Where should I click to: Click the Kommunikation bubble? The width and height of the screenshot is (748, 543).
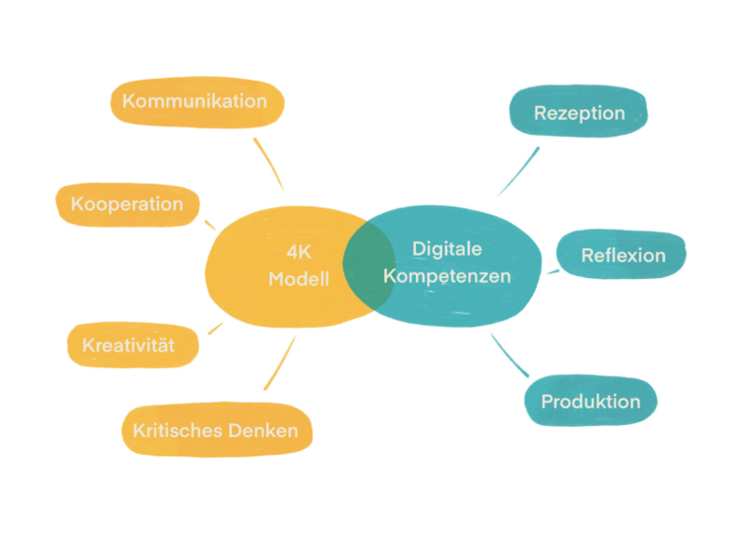coord(195,101)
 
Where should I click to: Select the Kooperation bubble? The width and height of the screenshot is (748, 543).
coord(127,204)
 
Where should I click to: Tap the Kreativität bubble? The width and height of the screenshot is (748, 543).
coord(128,345)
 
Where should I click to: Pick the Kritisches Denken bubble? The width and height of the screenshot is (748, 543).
coord(216,431)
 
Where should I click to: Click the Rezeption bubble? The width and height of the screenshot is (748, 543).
coord(579,113)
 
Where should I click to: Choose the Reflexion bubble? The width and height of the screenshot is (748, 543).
coord(623,256)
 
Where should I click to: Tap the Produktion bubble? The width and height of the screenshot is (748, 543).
coord(591,402)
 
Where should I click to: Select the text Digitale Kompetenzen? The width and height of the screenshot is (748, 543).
coord(447,263)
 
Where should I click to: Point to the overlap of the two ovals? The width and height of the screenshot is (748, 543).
coord(367,265)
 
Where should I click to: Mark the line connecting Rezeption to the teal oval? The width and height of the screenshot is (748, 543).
coord(518,170)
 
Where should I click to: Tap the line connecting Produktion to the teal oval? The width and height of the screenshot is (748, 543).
coord(511,355)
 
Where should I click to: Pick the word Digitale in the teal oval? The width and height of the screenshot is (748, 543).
coord(447,249)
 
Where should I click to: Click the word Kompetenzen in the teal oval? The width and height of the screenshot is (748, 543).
coord(447,277)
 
